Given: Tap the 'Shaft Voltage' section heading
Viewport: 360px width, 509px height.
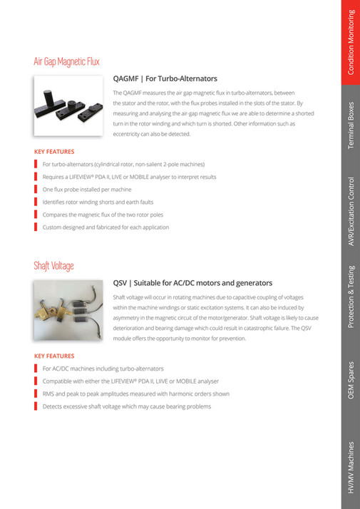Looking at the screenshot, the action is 53,266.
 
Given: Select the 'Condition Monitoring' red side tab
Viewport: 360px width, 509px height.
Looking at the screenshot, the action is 351,43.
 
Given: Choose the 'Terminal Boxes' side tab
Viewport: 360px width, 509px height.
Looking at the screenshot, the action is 351,125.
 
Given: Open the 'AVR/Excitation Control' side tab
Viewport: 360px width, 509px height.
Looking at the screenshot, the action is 351,211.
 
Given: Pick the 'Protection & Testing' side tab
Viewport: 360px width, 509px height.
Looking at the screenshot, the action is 351,298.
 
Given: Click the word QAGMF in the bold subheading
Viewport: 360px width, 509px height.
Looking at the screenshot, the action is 128,78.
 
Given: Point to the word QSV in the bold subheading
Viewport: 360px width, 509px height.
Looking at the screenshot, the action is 121,283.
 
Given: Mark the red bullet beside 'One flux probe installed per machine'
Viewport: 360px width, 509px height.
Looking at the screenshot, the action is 36,190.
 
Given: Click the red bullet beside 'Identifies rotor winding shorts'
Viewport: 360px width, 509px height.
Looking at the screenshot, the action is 36,202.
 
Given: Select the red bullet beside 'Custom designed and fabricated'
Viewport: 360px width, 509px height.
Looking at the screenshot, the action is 36,227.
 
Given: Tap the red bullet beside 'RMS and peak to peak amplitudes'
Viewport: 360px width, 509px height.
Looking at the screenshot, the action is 36,394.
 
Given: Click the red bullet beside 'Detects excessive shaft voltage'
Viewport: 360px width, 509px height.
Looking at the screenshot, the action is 36,406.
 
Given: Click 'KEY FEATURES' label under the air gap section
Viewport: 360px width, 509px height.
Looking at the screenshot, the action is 54,151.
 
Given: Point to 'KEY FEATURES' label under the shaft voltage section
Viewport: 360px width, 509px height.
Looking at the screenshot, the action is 54,356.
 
